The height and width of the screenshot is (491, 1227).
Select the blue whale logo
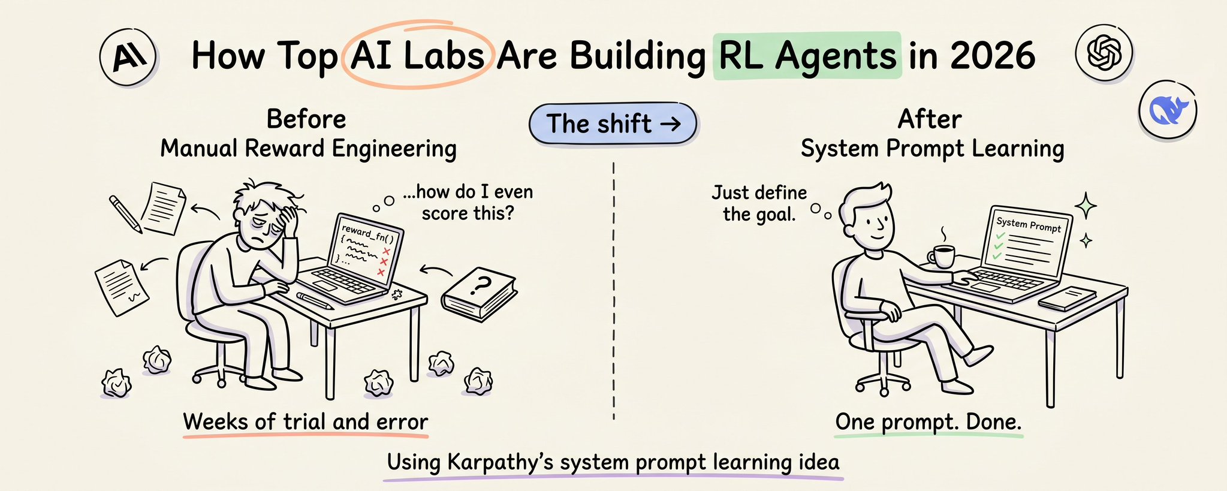pos(1167,111)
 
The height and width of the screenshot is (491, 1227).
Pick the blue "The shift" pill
pos(613,124)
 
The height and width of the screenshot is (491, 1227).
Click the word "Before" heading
pos(306,119)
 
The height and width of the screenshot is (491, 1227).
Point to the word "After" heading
pos(930,119)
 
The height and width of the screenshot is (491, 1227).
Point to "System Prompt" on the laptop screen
pos(1029,224)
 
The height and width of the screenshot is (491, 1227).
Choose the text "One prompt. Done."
pos(928,422)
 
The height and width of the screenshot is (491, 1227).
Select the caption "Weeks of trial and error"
pos(306,421)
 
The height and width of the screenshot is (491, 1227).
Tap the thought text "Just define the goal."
pos(759,203)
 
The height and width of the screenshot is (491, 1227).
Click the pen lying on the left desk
pos(315,300)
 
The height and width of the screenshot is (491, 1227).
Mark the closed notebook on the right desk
pos(1067,298)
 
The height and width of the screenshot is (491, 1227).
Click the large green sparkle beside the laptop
pos(1085,207)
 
